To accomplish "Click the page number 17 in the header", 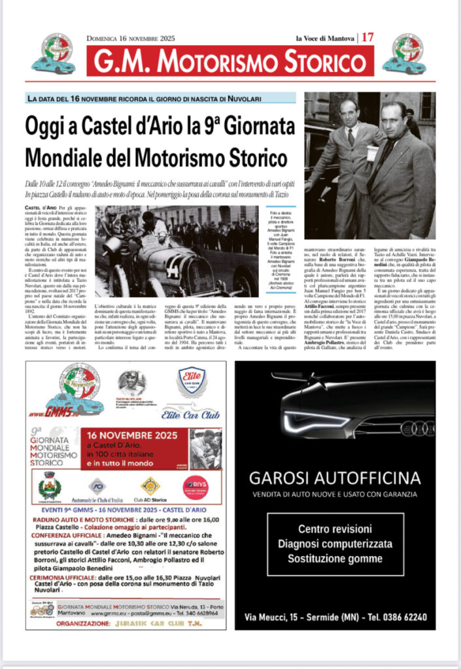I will click(367, 37).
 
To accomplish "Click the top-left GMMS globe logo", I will click(54, 52).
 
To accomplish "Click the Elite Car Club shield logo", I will click(192, 384).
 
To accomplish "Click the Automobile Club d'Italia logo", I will click(97, 487).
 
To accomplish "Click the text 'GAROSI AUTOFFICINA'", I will click(335, 477).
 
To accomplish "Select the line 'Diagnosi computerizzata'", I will click(335, 544).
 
